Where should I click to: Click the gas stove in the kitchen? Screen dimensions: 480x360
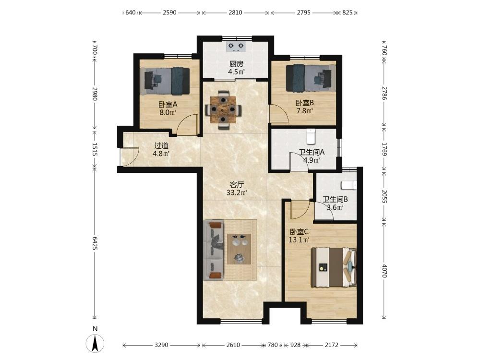click(x=236, y=46)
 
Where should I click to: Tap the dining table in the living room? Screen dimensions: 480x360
click(x=223, y=109)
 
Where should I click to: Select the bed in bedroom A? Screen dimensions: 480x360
click(x=165, y=81)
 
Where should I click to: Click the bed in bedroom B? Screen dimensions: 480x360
click(x=311, y=78)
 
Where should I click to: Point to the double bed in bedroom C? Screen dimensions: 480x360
click(x=334, y=267)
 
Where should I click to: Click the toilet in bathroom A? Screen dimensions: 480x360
click(x=311, y=136)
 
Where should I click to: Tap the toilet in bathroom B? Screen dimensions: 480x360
click(x=349, y=185)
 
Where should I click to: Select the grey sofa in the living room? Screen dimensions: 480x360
click(x=214, y=250)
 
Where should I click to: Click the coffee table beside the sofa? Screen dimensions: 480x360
click(x=239, y=249)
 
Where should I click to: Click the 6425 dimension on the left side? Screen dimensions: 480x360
click(x=95, y=243)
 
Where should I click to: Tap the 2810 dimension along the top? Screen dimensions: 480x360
click(x=235, y=12)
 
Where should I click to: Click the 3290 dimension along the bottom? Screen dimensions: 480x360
click(x=161, y=345)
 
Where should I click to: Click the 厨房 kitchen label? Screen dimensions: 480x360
click(x=236, y=64)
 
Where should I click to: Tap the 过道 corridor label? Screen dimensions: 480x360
click(x=161, y=146)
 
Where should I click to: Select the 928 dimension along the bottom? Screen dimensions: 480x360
click(x=295, y=345)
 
